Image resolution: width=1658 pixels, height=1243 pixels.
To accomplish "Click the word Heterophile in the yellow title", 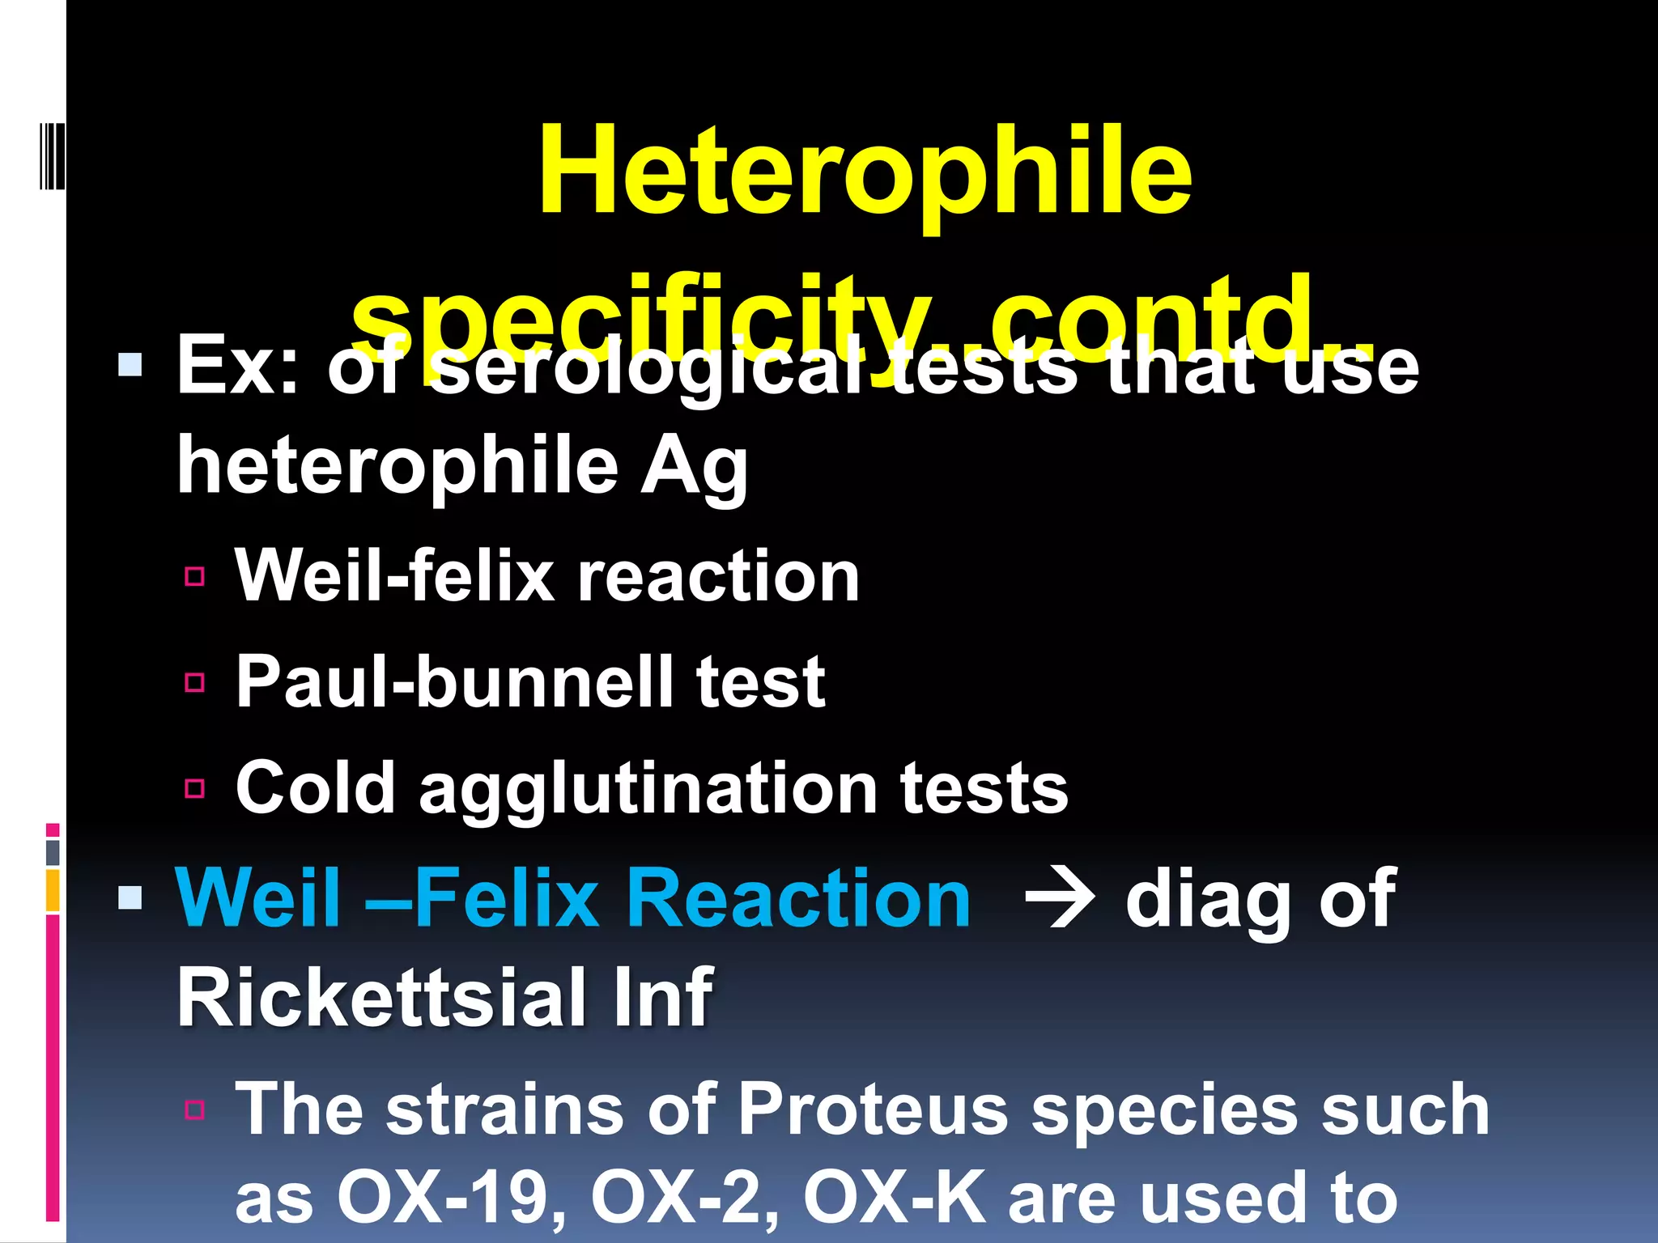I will pos(865,172).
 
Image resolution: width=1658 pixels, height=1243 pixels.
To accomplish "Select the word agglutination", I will pos(648,789).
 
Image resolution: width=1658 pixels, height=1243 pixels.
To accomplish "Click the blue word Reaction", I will pos(798,897).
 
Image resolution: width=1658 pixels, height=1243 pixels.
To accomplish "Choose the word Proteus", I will pos(873,1109).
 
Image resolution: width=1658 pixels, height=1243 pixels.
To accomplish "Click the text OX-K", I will pos(894,1197).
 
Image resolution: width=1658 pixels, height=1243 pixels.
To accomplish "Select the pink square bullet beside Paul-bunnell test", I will pos(194,682).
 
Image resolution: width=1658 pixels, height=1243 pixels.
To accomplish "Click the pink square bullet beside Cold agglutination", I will pos(194,788).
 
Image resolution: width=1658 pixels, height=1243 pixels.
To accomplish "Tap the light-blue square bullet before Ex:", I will pos(130,365).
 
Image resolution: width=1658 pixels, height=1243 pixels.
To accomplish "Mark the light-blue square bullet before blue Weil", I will pos(130,897).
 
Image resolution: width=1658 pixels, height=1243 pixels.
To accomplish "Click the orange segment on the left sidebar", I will pos(53,889).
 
